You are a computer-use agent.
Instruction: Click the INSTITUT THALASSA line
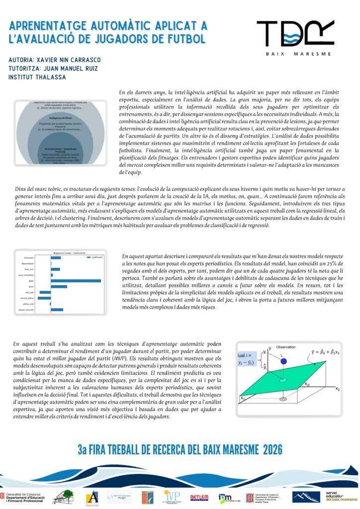click(x=37, y=77)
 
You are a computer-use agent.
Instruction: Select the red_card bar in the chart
click(x=45, y=292)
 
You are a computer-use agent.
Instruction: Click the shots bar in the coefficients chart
click(x=59, y=287)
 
